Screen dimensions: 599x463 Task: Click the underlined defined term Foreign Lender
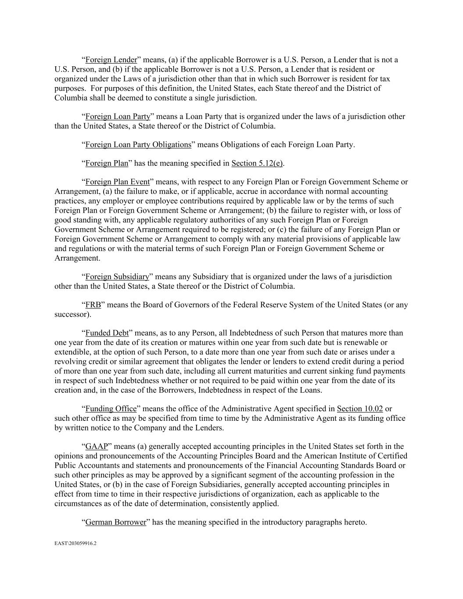pos(111,60)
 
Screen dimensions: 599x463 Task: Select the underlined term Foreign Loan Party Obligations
pos(138,144)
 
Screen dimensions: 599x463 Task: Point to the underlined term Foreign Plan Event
pos(118,182)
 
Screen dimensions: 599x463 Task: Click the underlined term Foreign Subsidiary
pos(117,276)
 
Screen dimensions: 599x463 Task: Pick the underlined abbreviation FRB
pos(93,305)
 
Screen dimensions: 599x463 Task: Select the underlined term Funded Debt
pos(107,333)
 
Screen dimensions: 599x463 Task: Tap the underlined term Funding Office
pos(111,409)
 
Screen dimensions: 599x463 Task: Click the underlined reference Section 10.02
pos(360,409)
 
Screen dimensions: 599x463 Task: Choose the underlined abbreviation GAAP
pos(97,447)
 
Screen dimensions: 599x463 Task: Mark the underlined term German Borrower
pos(116,522)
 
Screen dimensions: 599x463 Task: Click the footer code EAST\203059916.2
pos(75,543)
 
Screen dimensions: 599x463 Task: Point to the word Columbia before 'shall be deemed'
pos(69,98)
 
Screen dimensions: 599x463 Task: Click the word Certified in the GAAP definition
pos(391,456)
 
